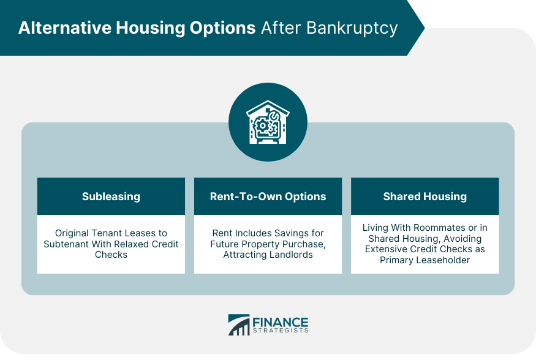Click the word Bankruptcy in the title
(352, 29)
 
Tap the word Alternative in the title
(65, 28)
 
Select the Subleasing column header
(111, 197)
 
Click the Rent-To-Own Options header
(268, 197)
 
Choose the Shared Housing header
(425, 197)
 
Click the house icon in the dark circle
(268, 122)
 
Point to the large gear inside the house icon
(263, 126)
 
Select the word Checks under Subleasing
(111, 255)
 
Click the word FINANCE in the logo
(281, 323)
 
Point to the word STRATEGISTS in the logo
(281, 331)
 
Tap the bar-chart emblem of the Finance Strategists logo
(239, 325)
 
